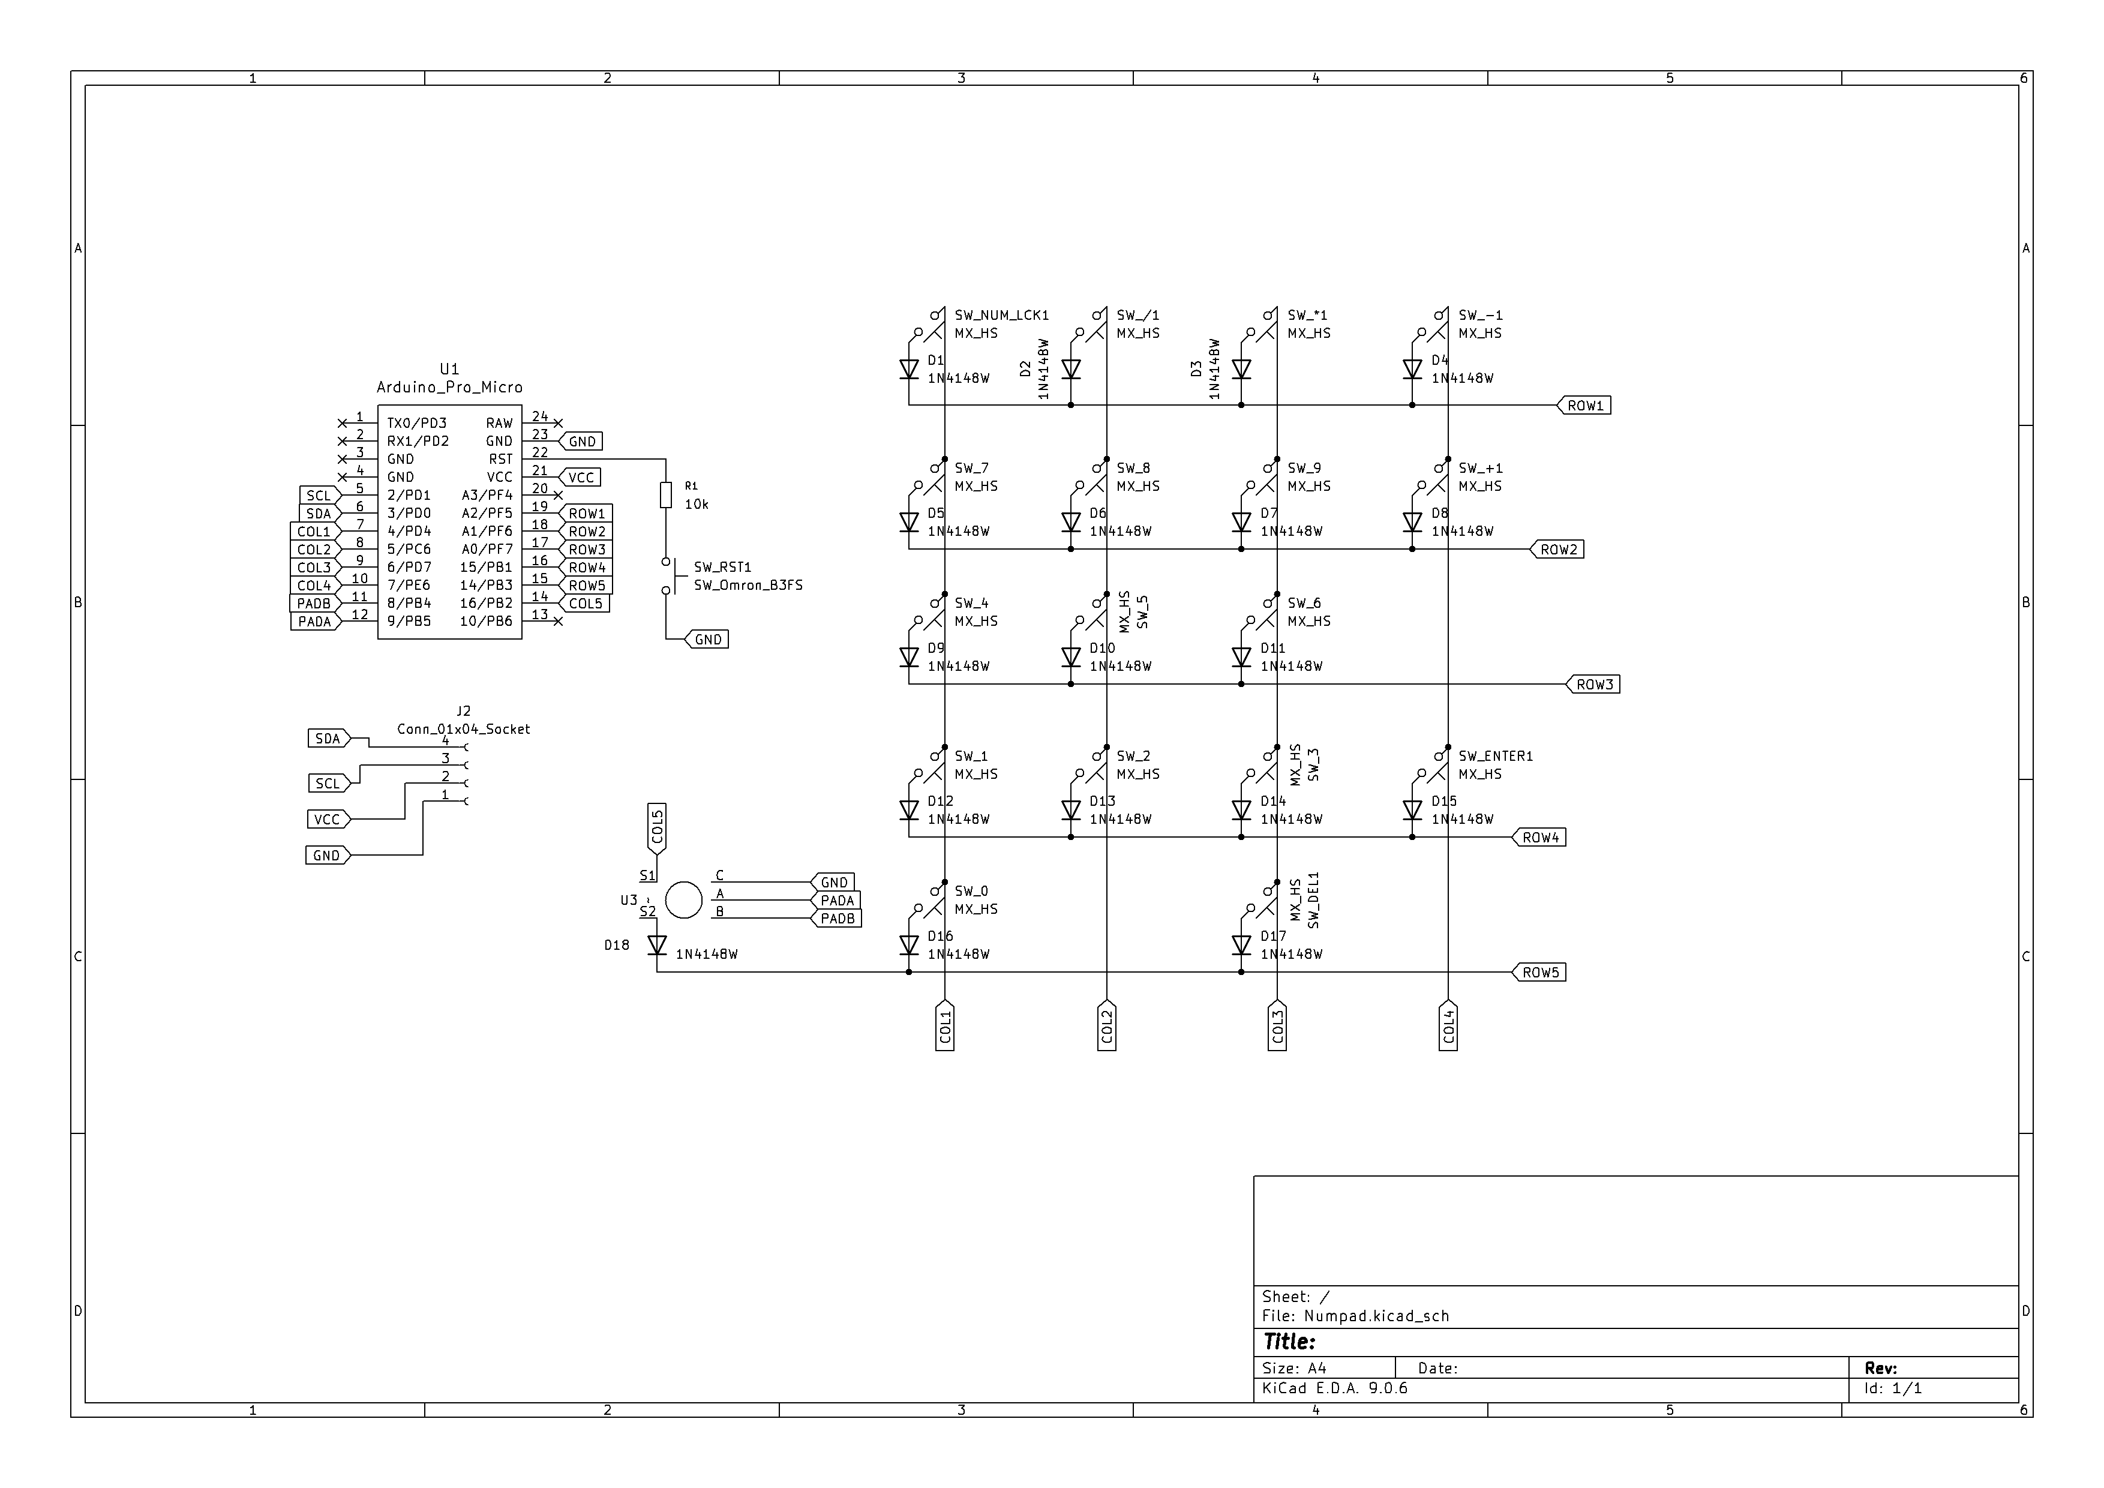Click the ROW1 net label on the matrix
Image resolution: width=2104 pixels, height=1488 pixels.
(1584, 405)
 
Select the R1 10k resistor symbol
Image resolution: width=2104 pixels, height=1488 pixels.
(666, 496)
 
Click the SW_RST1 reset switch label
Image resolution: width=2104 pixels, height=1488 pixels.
(722, 567)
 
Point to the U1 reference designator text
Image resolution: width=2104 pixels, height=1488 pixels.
(449, 368)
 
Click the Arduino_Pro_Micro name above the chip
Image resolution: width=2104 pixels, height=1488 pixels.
(449, 388)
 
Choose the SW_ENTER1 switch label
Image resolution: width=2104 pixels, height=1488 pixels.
(1496, 756)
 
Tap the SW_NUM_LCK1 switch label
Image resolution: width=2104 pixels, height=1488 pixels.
(1001, 315)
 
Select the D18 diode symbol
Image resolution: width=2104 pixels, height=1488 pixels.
(657, 944)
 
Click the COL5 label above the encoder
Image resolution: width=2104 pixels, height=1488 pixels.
(657, 828)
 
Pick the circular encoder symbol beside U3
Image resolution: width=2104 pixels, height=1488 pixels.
(683, 900)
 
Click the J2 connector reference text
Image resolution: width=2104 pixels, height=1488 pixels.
(464, 711)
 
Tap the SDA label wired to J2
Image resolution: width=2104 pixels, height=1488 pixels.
(327, 739)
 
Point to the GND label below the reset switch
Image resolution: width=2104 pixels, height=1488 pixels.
(707, 640)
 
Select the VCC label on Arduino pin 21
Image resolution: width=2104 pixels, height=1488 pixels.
(580, 478)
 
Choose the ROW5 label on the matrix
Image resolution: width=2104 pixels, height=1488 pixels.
(1539, 972)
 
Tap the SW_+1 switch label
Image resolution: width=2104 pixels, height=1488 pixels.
(1481, 468)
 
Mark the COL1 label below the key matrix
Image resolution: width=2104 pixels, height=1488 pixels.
(945, 1025)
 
